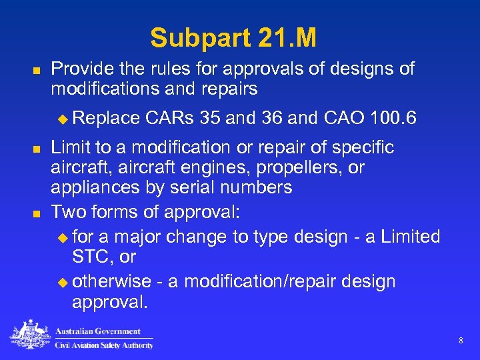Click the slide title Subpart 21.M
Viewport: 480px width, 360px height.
tap(233, 38)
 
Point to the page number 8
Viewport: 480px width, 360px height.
tap(461, 341)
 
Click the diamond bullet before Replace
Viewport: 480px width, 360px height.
tap(63, 119)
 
